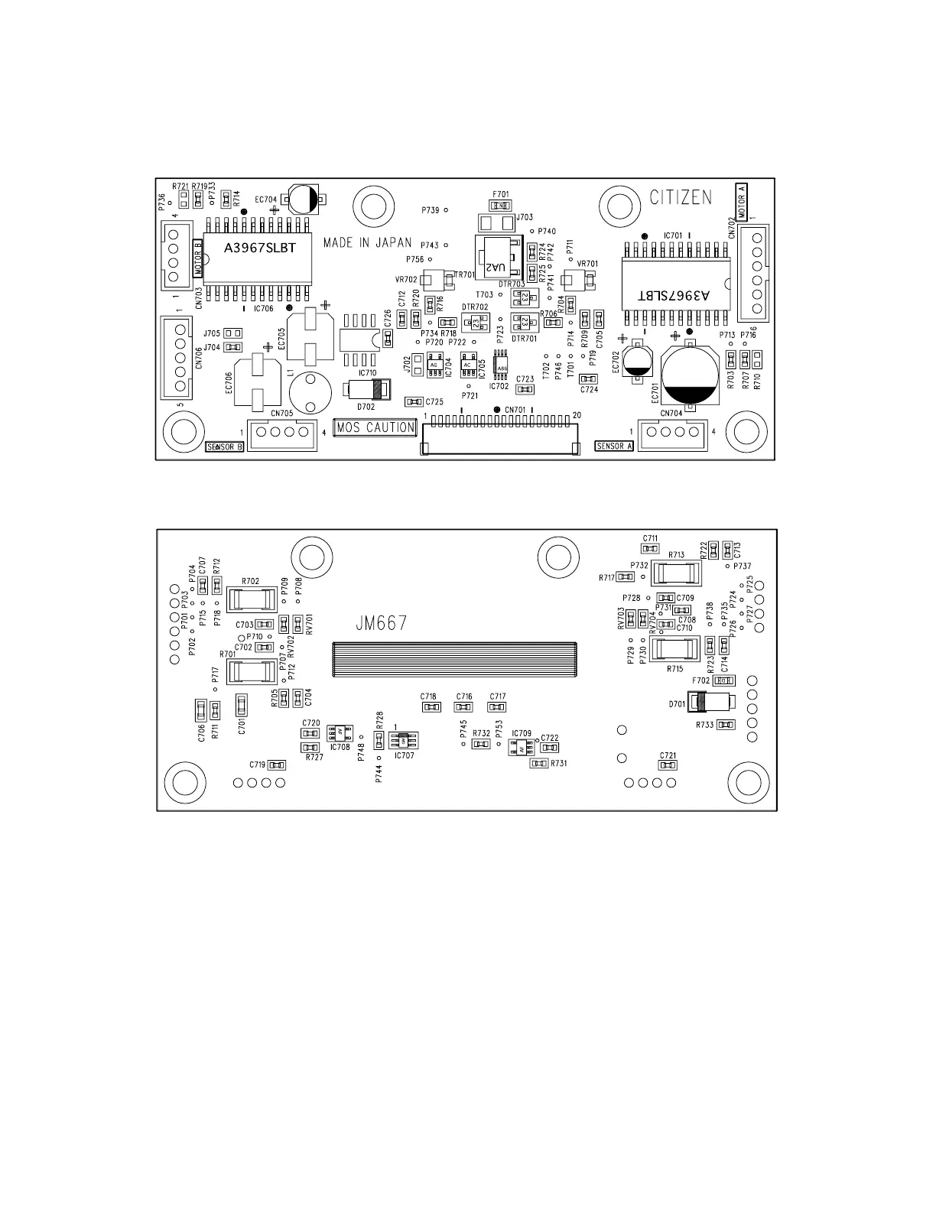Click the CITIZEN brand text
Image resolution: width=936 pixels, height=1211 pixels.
681,197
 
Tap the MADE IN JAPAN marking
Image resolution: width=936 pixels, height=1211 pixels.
367,243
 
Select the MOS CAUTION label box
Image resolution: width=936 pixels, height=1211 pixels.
375,427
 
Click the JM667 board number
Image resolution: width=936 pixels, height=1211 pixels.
381,624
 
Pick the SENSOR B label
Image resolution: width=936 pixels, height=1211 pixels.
225,446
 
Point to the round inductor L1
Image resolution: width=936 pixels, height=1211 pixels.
310,391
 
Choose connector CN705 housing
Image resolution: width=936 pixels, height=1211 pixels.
281,433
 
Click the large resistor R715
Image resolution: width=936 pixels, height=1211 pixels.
675,650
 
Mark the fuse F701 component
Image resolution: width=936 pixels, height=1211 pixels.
501,205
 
